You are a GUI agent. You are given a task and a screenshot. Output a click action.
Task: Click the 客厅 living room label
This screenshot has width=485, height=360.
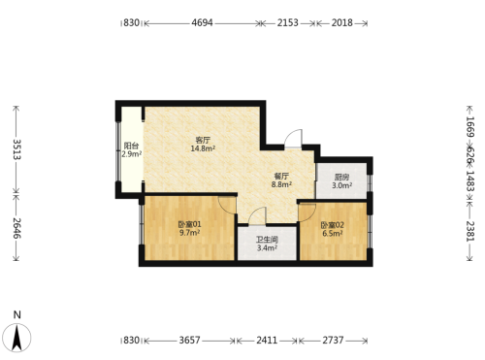203,140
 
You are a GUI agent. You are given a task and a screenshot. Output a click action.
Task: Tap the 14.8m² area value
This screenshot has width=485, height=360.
203,148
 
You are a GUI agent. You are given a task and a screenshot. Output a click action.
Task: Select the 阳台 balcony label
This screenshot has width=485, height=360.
131,146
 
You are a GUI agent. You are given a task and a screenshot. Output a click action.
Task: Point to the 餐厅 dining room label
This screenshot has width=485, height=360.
281,177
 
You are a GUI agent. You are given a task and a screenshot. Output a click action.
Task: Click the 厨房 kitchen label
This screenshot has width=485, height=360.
341,178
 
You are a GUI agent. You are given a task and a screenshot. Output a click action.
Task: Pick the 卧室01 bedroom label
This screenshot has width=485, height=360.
189,224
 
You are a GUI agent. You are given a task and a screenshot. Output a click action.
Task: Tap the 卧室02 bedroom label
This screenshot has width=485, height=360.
333,225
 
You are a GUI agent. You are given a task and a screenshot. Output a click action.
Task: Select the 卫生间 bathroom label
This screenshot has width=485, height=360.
267,240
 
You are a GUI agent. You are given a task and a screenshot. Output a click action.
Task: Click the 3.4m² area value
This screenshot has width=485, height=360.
267,248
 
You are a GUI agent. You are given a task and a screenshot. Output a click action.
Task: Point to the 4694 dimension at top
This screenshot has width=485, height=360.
203,23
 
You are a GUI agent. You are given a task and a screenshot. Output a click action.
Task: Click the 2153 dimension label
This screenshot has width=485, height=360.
288,23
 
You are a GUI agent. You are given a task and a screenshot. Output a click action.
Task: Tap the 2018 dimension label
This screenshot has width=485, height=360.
342,23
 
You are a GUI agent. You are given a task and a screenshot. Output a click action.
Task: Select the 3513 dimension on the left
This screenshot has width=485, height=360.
16,149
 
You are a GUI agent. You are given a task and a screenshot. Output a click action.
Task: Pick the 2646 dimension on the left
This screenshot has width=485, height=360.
16,228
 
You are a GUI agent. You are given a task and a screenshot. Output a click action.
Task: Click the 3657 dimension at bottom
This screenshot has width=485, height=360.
190,341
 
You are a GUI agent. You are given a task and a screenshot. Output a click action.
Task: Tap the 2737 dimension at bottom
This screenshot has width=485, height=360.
333,341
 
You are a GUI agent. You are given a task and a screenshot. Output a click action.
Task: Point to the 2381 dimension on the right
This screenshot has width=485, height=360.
470,231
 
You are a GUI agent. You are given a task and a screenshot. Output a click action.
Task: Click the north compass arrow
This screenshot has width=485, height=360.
17,338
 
